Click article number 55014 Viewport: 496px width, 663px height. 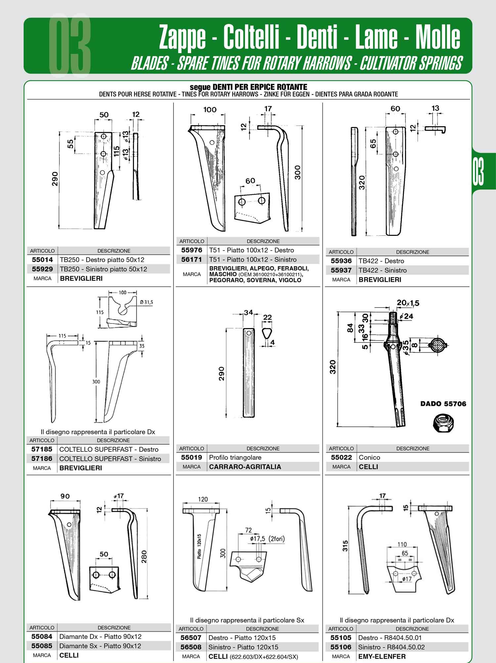coord(42,260)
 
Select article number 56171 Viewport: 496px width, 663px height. coord(191,260)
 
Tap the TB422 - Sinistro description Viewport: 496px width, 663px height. coord(383,270)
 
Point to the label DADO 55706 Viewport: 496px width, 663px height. coord(443,404)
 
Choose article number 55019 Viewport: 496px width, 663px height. coord(191,458)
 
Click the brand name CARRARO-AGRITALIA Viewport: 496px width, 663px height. coord(245,467)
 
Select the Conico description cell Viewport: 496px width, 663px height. coord(369,458)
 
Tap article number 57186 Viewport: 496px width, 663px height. coord(42,459)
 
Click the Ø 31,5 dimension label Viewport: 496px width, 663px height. coord(146,302)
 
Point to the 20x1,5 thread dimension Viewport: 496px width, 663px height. coord(408,303)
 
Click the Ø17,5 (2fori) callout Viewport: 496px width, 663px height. coord(267,539)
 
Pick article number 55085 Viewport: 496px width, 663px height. coord(42,646)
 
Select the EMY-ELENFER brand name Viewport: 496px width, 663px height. coord(382,656)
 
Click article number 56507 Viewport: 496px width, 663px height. coord(191,638)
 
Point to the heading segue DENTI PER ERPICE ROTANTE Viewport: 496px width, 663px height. coord(248,87)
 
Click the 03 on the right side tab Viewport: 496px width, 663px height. coord(478,171)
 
